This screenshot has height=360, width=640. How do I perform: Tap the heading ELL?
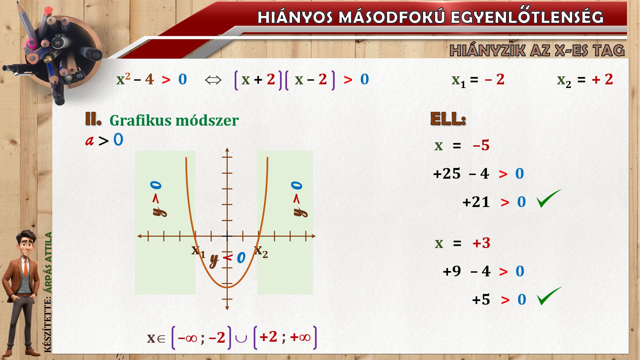pos(448,119)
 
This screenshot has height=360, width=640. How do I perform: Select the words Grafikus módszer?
pos(174,121)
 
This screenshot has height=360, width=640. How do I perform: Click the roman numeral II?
pos(93,119)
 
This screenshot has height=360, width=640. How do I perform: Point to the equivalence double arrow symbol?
pos(213,80)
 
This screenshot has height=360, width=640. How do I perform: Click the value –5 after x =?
pos(481,145)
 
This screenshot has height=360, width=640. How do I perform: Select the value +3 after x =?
pos(481,243)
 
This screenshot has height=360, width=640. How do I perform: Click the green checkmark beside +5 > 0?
pos(549,296)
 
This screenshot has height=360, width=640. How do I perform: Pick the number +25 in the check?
pos(447,174)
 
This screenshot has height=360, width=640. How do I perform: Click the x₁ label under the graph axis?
pos(198,251)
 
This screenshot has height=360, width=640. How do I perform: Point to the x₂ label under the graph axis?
pos(261,251)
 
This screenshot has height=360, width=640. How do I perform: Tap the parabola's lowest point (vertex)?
pos(227,287)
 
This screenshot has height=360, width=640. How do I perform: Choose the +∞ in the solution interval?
pos(300,337)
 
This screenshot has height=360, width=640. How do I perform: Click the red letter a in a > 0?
pos(89,140)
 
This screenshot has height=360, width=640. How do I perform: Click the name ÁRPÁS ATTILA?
pos(49,262)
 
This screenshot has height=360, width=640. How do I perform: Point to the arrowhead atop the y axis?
pos(227,149)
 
